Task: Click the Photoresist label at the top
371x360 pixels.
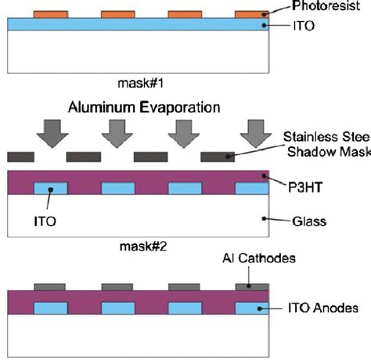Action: (x=326, y=6)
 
